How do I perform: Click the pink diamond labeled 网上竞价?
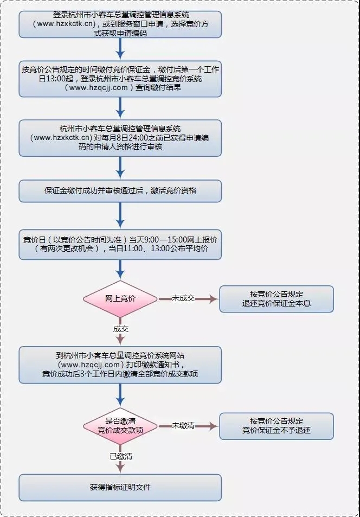[x=120, y=299]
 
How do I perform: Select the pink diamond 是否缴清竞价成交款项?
[x=120, y=426]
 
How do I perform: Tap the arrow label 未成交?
[x=183, y=298]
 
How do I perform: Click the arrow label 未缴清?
[x=183, y=425]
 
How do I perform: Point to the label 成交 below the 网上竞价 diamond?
[x=121, y=329]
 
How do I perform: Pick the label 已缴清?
[x=121, y=456]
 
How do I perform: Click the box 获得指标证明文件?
[x=120, y=488]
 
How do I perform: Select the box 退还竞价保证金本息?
[x=277, y=299]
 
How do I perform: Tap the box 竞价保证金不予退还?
[x=277, y=426]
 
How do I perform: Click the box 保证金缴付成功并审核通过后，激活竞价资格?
[x=120, y=191]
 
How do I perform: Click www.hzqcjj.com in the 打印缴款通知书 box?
[x=92, y=365]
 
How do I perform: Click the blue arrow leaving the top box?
[x=120, y=49]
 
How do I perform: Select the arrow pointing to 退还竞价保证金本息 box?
[x=188, y=299]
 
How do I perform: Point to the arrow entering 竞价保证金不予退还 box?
[x=188, y=426]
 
